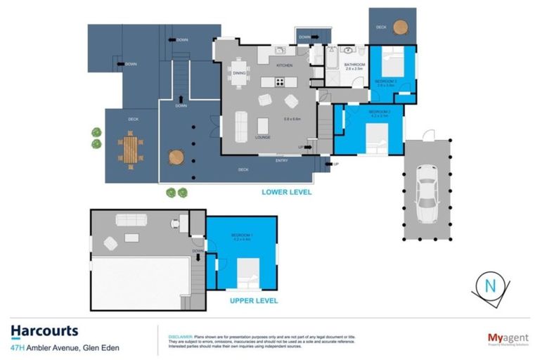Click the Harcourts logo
point(44,330)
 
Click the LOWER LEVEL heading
point(286,191)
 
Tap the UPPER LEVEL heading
point(255,300)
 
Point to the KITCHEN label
point(284,65)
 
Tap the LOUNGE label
point(263,137)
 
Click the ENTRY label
point(281,160)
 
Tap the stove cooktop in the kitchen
point(280,82)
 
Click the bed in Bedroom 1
point(246,273)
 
